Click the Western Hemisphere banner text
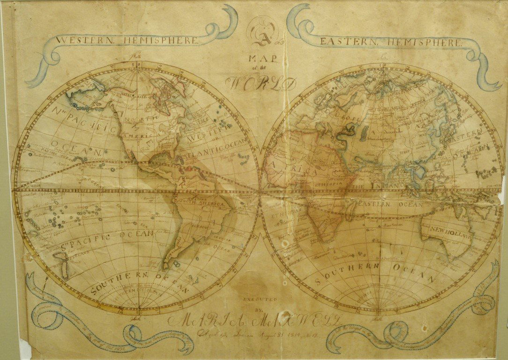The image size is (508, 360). (127, 41)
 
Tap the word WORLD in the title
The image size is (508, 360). (261, 83)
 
